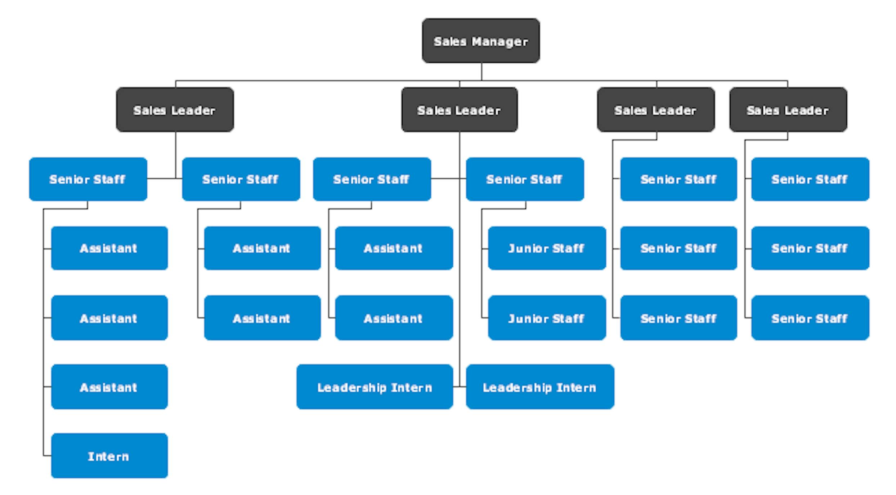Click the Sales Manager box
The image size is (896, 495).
click(481, 41)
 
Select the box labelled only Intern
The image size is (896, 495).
click(109, 456)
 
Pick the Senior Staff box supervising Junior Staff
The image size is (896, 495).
click(525, 179)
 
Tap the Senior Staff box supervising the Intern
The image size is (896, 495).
click(88, 179)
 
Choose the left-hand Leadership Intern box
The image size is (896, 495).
click(375, 387)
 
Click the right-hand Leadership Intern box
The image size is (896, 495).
click(540, 387)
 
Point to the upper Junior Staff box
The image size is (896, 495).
click(547, 248)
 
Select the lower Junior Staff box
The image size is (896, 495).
click(547, 318)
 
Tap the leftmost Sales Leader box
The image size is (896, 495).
click(175, 110)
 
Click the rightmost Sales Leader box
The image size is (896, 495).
click(788, 110)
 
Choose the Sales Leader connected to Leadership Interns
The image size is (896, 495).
click(460, 110)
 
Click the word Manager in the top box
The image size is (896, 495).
click(500, 42)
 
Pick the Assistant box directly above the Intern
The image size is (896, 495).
click(109, 387)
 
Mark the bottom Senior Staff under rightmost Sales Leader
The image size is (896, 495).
click(810, 318)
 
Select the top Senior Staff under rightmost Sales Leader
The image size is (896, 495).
click(810, 179)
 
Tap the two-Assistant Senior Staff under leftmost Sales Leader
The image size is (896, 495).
click(241, 179)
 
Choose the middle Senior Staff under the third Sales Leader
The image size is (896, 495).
click(679, 248)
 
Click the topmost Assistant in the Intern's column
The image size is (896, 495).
click(109, 248)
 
